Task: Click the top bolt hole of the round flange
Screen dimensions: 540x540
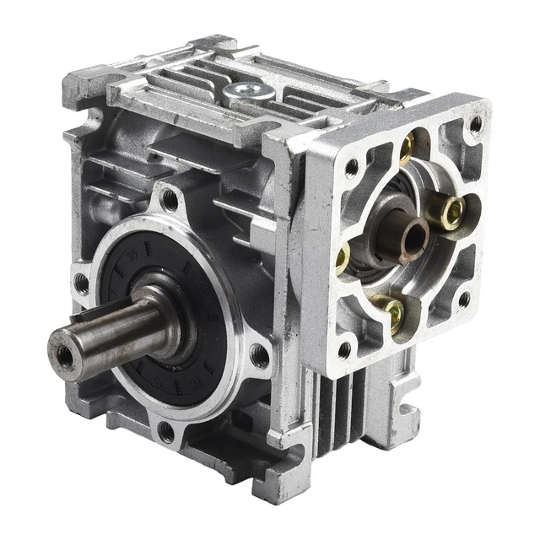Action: pyautogui.click(x=170, y=200)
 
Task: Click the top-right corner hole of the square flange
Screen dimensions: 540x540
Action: pyautogui.click(x=476, y=124)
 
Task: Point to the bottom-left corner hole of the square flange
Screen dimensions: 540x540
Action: pyautogui.click(x=344, y=348)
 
